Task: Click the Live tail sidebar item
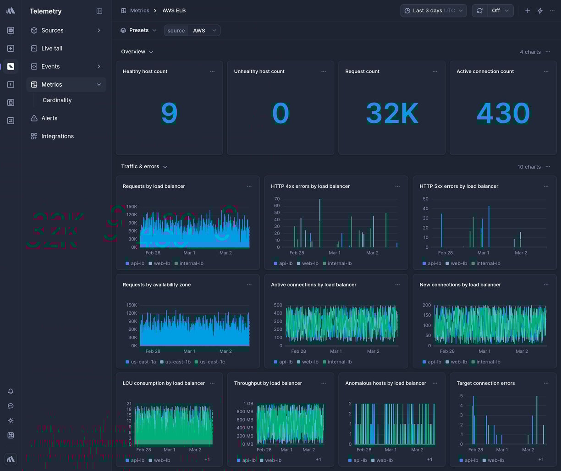click(x=51, y=48)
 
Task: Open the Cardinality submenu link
click(x=57, y=100)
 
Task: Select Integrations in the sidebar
click(x=57, y=136)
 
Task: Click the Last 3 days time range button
click(x=433, y=11)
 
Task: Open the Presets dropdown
click(x=138, y=30)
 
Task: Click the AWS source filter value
click(x=199, y=31)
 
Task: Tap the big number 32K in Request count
click(x=392, y=113)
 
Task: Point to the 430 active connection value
click(x=503, y=113)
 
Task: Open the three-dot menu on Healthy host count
click(x=212, y=71)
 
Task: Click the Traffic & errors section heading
click(x=140, y=166)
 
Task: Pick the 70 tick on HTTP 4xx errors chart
click(x=277, y=199)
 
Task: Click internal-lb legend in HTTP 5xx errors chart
click(x=488, y=263)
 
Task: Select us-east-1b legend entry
click(x=178, y=362)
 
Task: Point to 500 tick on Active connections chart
click(x=278, y=305)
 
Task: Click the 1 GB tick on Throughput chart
click(x=248, y=404)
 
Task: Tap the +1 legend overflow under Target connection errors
click(x=541, y=460)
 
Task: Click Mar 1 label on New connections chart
click(x=484, y=351)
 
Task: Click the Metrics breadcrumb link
click(x=139, y=11)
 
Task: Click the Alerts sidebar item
click(x=49, y=118)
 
